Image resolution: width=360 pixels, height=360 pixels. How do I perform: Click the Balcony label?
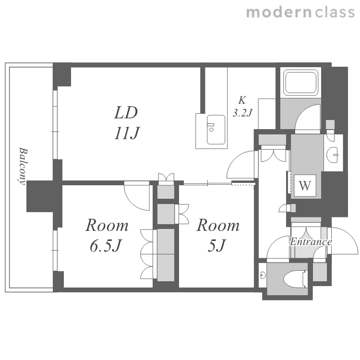[23, 166]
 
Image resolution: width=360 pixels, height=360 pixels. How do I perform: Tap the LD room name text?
[126, 112]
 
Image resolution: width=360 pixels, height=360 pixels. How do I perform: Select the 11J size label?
[127, 133]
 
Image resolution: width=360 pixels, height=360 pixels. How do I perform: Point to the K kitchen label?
[242, 100]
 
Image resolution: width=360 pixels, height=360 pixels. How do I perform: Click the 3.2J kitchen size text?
[242, 113]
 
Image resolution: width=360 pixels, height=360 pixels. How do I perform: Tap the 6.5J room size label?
[106, 246]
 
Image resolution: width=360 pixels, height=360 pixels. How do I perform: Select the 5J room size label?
[217, 246]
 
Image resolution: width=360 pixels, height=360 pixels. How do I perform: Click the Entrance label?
[311, 242]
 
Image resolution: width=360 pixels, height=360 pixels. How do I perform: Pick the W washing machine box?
[305, 185]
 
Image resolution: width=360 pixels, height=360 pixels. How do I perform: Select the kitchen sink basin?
[216, 130]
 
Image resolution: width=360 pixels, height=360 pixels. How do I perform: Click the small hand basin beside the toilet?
[263, 275]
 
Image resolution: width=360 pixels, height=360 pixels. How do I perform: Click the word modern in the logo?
[278, 12]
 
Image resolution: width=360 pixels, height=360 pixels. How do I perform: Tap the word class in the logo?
[335, 12]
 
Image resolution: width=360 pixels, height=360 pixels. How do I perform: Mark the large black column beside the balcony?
[44, 196]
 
